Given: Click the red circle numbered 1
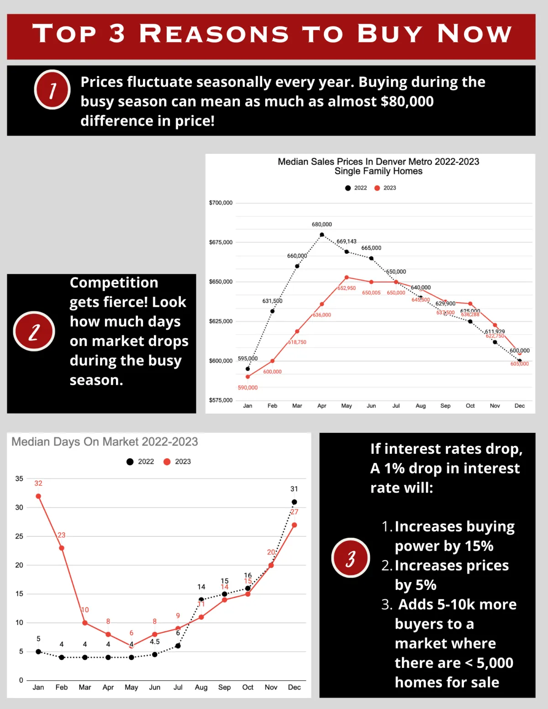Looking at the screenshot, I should pyautogui.click(x=53, y=89).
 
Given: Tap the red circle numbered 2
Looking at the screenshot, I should pyautogui.click(x=34, y=331).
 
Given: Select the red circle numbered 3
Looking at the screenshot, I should pyautogui.click(x=350, y=558).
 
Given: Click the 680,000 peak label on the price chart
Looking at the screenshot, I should pyautogui.click(x=322, y=224).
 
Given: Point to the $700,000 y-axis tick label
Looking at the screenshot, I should pyautogui.click(x=221, y=203).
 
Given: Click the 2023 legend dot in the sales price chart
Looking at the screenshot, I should pyautogui.click(x=377, y=188).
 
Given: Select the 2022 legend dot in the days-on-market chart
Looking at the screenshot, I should pyautogui.click(x=130, y=462).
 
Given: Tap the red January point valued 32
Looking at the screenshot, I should pyautogui.click(x=38, y=496).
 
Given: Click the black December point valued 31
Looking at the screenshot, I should pyautogui.click(x=294, y=502).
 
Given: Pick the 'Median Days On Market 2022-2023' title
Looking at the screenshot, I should pyautogui.click(x=105, y=442).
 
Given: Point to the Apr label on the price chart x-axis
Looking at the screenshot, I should pyautogui.click(x=322, y=406).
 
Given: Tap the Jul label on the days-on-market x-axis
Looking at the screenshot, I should pyautogui.click(x=178, y=687).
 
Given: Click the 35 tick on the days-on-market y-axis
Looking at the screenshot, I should pyautogui.click(x=19, y=478).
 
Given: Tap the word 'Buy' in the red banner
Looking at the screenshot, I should pyautogui.click(x=390, y=34).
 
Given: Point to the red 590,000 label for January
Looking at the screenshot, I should pyautogui.click(x=248, y=388).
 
